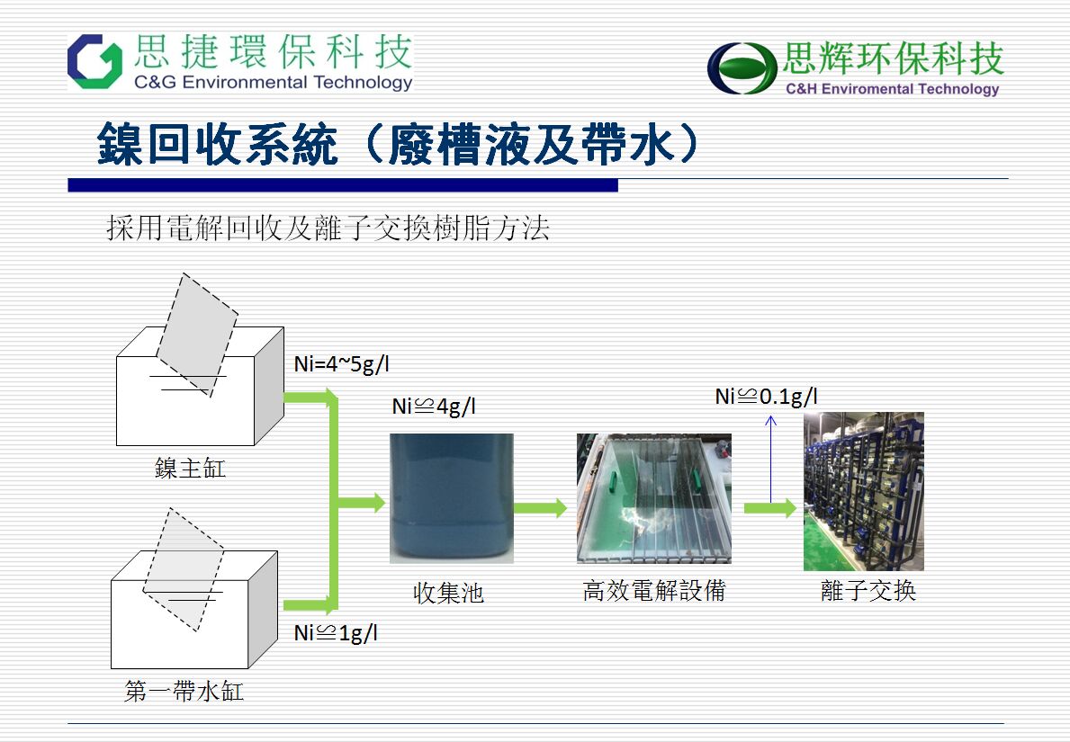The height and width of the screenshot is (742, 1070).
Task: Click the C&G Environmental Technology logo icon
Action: [x=94, y=61]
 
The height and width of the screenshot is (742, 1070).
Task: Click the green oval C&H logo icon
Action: [x=742, y=67]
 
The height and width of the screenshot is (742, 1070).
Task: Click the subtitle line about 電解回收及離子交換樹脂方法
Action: [x=328, y=228]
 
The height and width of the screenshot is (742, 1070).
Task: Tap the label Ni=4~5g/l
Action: [x=342, y=364]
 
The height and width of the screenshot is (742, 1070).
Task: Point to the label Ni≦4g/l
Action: [x=434, y=407]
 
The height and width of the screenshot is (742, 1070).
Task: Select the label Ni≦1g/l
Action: [x=336, y=632]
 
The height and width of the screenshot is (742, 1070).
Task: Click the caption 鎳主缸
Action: [x=190, y=468]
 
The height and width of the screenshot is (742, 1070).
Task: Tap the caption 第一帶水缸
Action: [x=184, y=692]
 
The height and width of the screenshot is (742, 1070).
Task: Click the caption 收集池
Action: [x=448, y=593]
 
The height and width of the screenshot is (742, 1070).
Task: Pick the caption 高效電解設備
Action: [x=653, y=591]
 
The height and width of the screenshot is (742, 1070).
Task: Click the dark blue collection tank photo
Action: [x=451, y=497]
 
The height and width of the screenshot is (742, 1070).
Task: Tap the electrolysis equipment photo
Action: [x=653, y=497]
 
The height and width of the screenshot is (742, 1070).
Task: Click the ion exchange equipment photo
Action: [x=863, y=491]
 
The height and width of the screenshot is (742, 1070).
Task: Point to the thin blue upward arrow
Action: [x=771, y=459]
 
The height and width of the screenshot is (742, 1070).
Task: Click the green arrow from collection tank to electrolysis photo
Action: [x=540, y=508]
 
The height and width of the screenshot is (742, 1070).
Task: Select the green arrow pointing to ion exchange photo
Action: [x=770, y=508]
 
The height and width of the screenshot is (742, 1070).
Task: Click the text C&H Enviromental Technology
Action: [x=892, y=89]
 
